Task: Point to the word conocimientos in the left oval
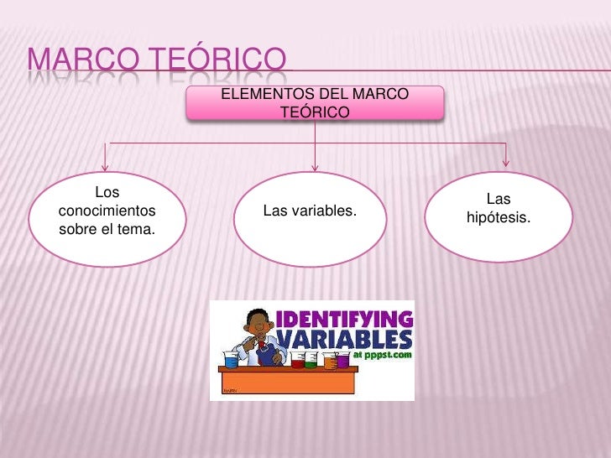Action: (107, 210)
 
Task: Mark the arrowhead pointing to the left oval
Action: (106, 164)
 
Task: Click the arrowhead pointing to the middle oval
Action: (315, 164)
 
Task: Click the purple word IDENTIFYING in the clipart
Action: (345, 320)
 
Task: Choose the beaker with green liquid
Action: (311, 362)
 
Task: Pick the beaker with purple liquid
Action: (342, 361)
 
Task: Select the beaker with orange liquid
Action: (329, 361)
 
